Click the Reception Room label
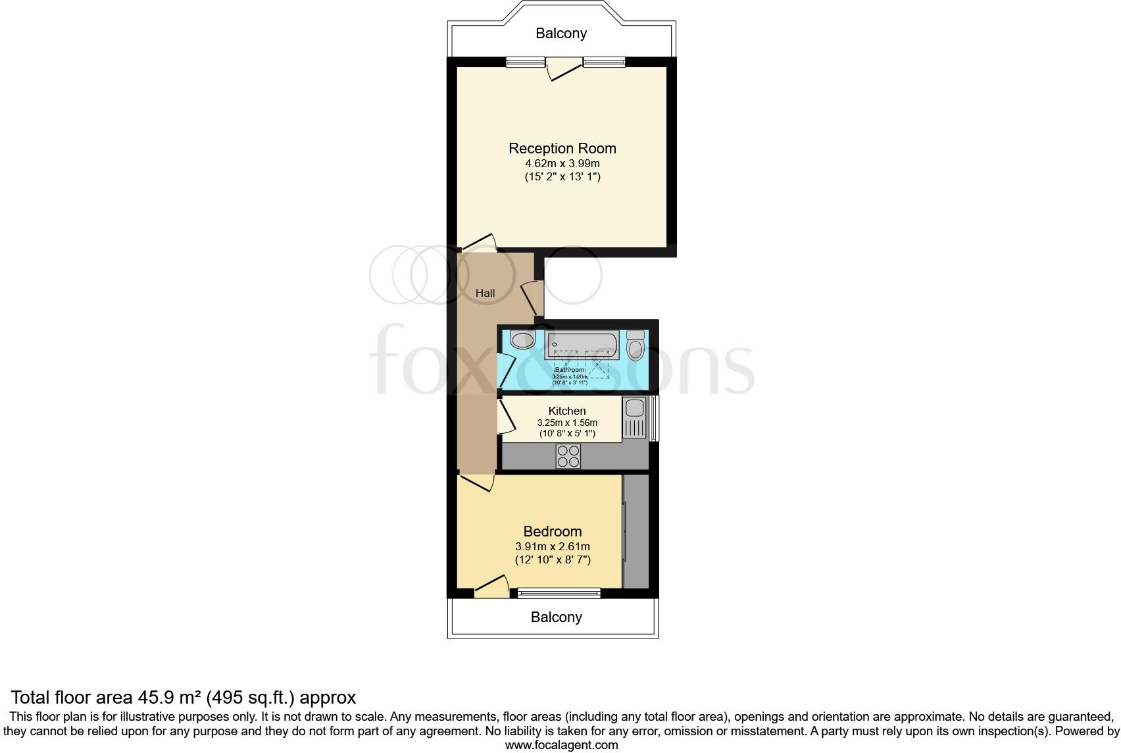[x=562, y=148]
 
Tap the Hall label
[x=485, y=293]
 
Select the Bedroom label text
[x=552, y=531]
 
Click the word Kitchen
[x=566, y=411]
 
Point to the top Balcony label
[x=560, y=33]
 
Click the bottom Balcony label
[x=556, y=617]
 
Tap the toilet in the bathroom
[x=635, y=346]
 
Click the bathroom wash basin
[x=523, y=340]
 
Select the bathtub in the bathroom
[x=582, y=344]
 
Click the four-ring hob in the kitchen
[x=568, y=456]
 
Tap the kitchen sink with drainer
[x=635, y=419]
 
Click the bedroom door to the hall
[x=476, y=484]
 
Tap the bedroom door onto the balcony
[x=491, y=585]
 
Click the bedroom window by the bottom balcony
[x=559, y=592]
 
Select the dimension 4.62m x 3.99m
[x=562, y=163]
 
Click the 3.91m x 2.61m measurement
[x=552, y=546]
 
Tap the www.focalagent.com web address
[x=561, y=745]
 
